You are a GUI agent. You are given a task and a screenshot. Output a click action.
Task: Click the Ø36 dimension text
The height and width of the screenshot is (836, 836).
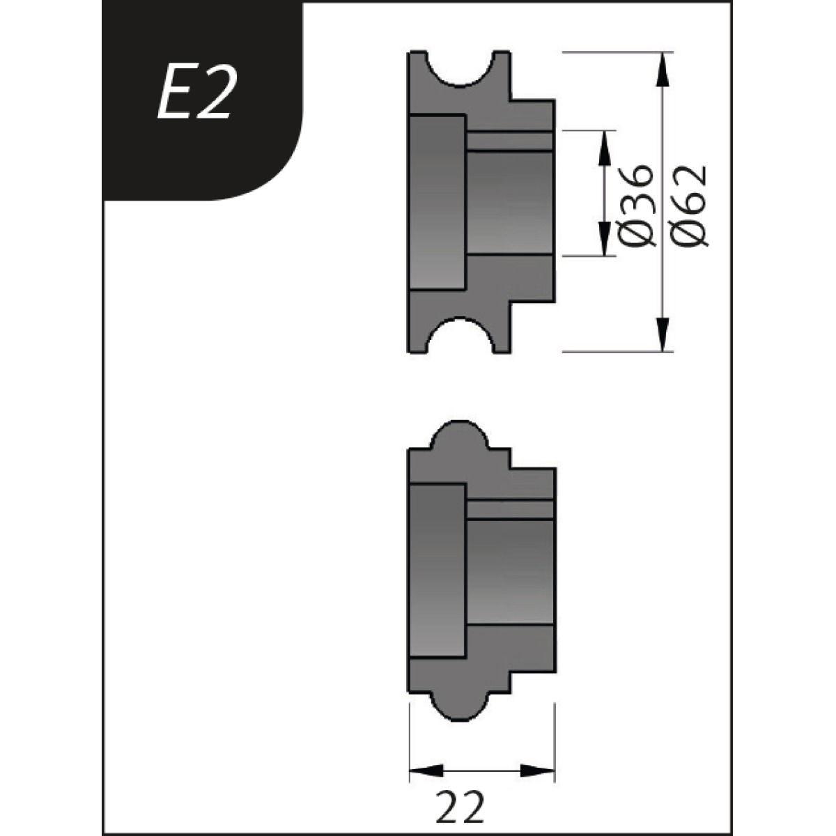tap(636, 206)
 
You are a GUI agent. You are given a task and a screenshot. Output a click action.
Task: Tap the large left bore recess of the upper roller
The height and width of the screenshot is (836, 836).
tap(437, 202)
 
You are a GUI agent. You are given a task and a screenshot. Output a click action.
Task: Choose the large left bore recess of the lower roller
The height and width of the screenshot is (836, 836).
tap(437, 571)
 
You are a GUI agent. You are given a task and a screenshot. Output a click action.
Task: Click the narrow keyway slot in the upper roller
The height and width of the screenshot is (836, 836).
tap(510, 141)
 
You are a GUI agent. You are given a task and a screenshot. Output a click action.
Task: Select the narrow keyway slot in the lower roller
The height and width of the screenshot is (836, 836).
tap(510, 509)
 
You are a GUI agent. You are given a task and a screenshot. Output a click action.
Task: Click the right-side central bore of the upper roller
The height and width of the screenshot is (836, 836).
tap(510, 202)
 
